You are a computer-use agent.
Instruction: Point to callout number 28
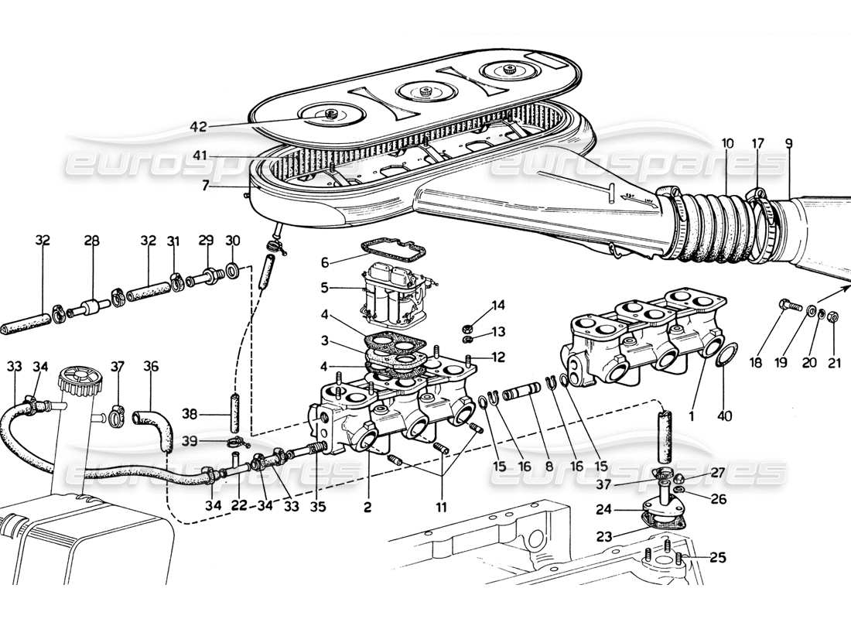pos(92,241)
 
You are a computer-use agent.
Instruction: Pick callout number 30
pos(232,241)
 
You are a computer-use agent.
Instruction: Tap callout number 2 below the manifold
pos(367,508)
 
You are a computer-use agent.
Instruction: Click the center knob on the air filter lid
pos(420,91)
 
